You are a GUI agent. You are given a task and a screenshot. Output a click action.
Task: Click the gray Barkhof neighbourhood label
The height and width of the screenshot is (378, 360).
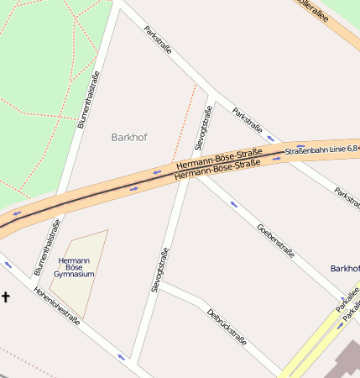click(128, 137)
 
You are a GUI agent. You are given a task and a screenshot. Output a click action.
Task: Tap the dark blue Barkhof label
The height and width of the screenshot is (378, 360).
click(345, 268)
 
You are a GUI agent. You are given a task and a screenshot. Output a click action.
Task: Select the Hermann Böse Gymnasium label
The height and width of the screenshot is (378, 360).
click(74, 267)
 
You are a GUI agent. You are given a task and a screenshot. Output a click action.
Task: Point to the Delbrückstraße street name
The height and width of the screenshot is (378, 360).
click(227, 328)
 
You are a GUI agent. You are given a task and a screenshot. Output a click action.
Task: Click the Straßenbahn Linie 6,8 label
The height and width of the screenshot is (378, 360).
click(321, 150)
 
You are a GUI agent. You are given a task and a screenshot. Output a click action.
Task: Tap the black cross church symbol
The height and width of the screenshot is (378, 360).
click(6, 297)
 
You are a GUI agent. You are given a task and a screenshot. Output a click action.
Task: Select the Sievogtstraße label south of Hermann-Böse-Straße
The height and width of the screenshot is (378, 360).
click(159, 270)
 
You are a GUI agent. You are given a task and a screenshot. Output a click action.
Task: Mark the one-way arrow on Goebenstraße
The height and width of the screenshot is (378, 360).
click(233, 204)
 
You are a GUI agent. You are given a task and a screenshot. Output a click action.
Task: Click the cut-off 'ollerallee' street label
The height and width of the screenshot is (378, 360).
click(311, 11)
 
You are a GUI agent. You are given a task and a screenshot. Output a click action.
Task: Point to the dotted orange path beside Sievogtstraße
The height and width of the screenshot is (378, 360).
click(185, 122)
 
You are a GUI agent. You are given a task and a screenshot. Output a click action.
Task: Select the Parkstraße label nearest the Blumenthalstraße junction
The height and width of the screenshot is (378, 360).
click(158, 39)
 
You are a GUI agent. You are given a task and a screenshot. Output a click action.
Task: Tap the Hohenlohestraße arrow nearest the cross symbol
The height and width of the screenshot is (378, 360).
click(8, 265)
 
